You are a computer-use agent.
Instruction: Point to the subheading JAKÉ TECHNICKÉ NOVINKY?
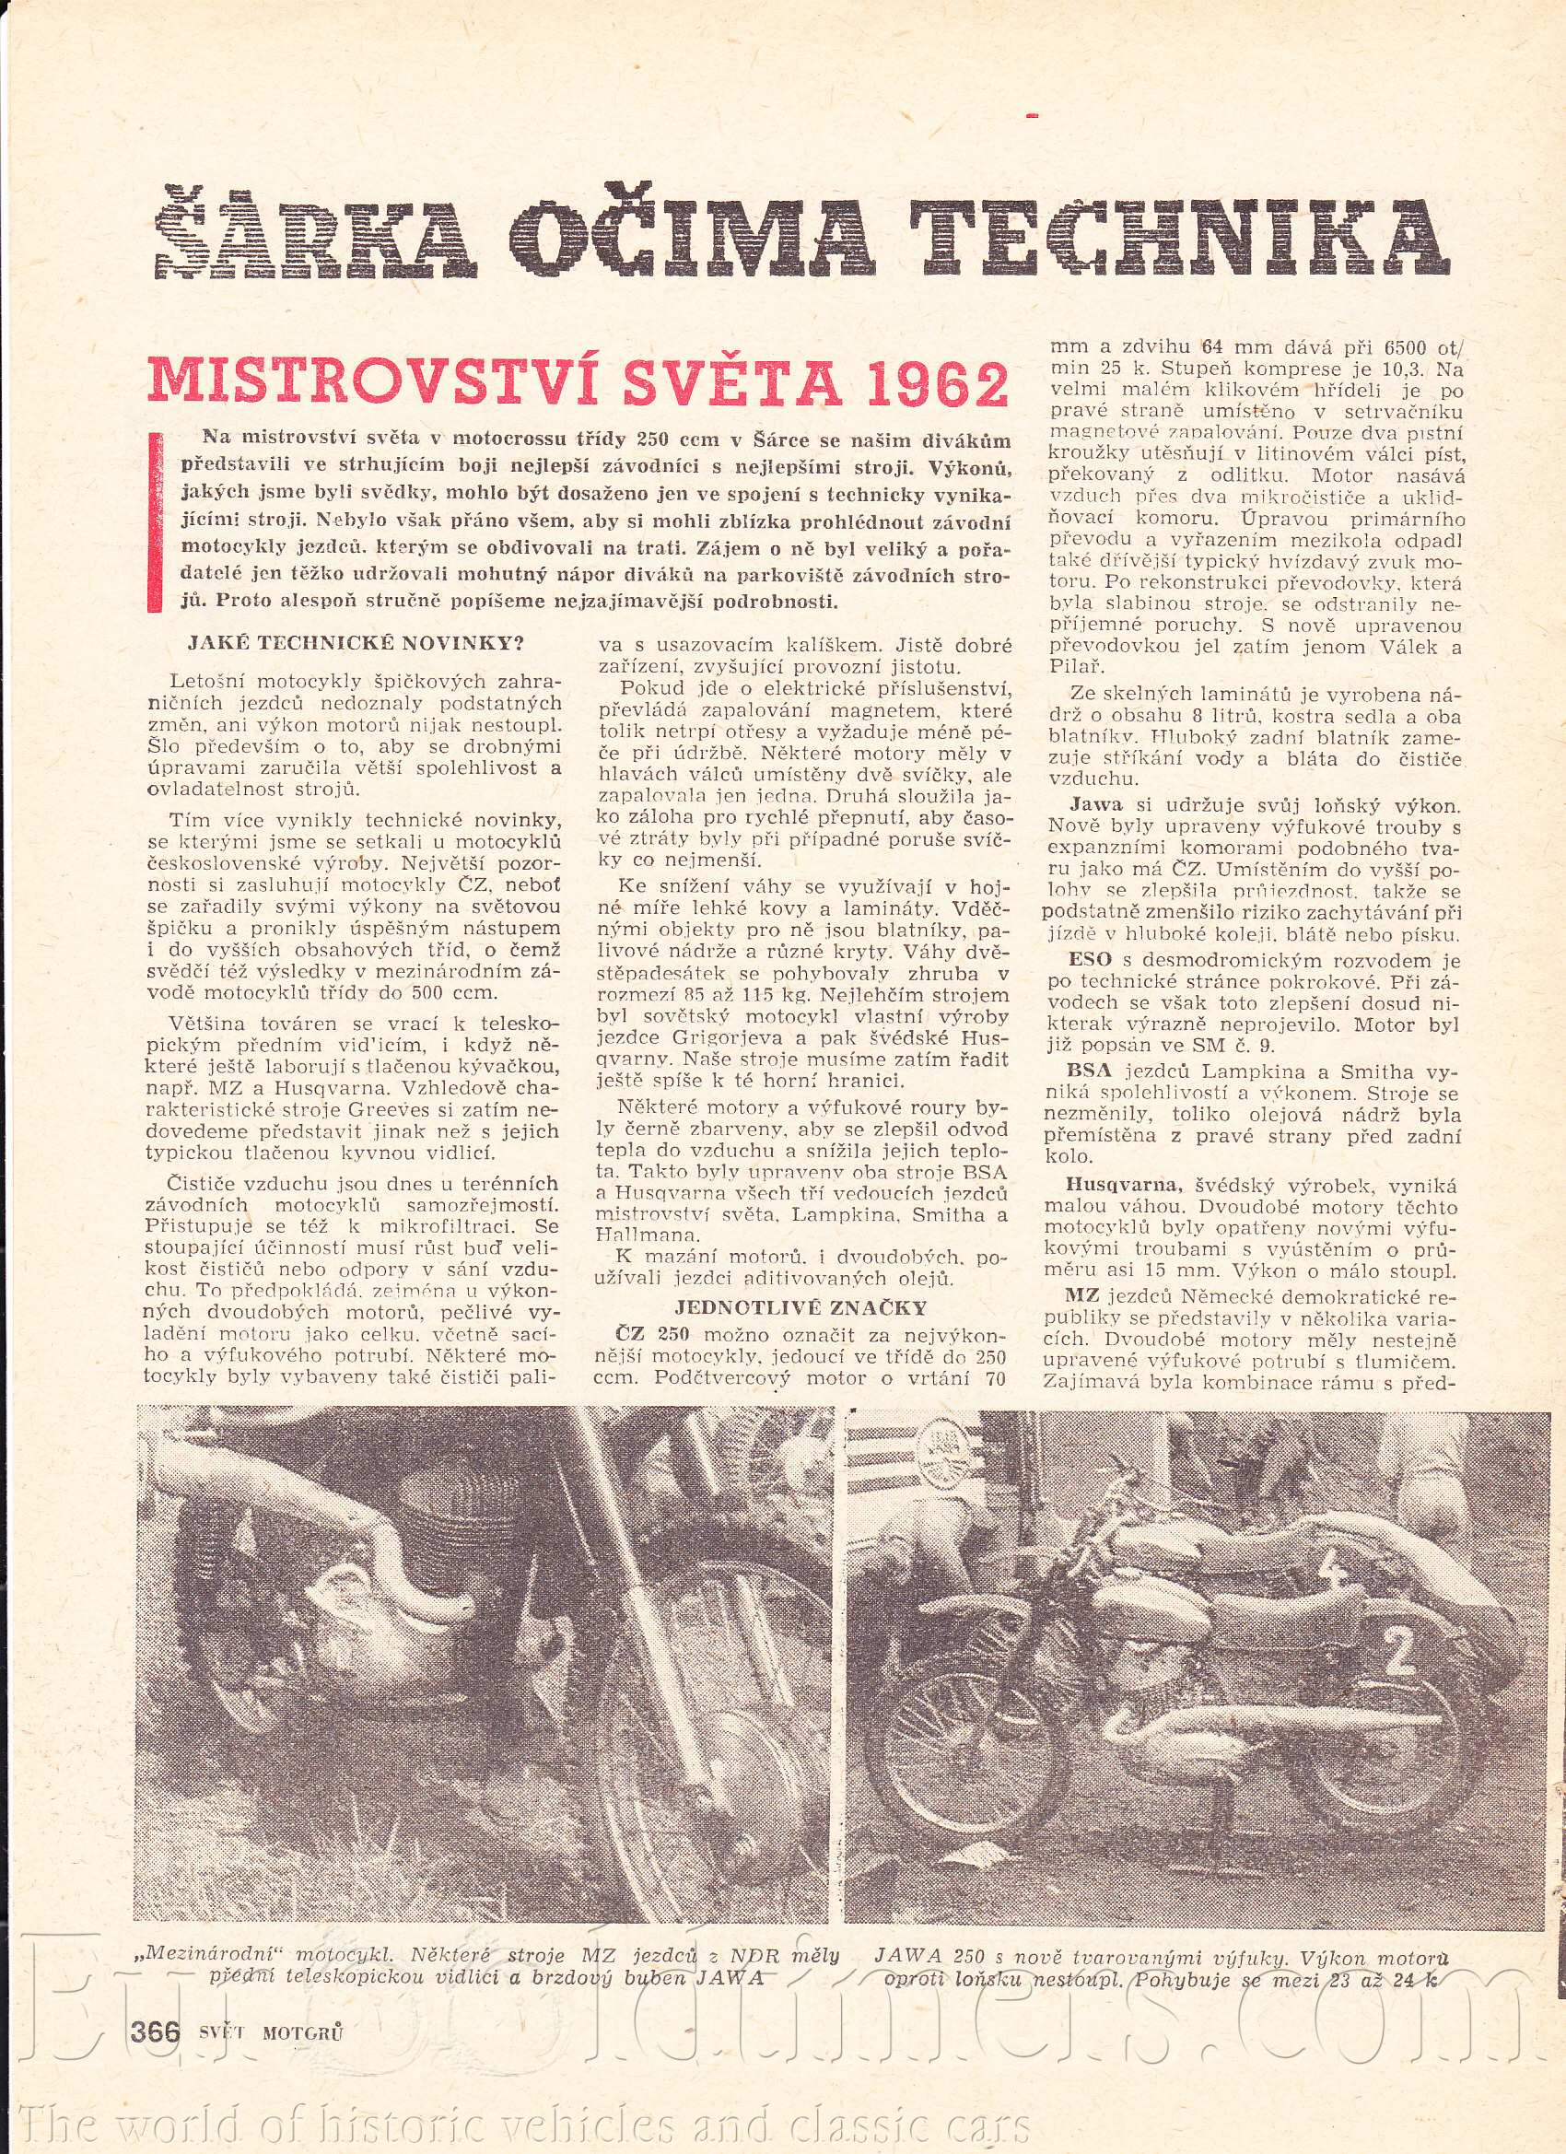click(x=357, y=644)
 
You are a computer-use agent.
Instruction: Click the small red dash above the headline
click(x=1034, y=116)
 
